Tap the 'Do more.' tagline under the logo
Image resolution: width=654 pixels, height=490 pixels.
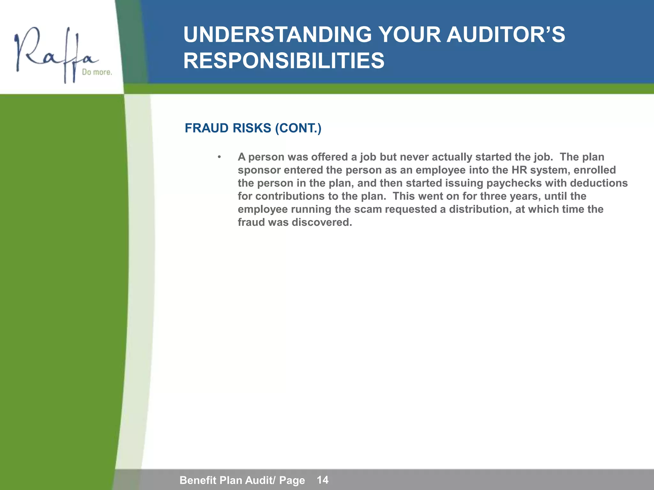coord(97,72)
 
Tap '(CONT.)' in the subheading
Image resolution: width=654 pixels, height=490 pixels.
coord(298,128)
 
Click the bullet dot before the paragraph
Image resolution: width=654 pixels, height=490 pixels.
coord(219,157)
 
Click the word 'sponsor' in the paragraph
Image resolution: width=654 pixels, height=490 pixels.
coord(259,170)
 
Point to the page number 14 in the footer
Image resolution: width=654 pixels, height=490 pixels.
coord(323,480)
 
